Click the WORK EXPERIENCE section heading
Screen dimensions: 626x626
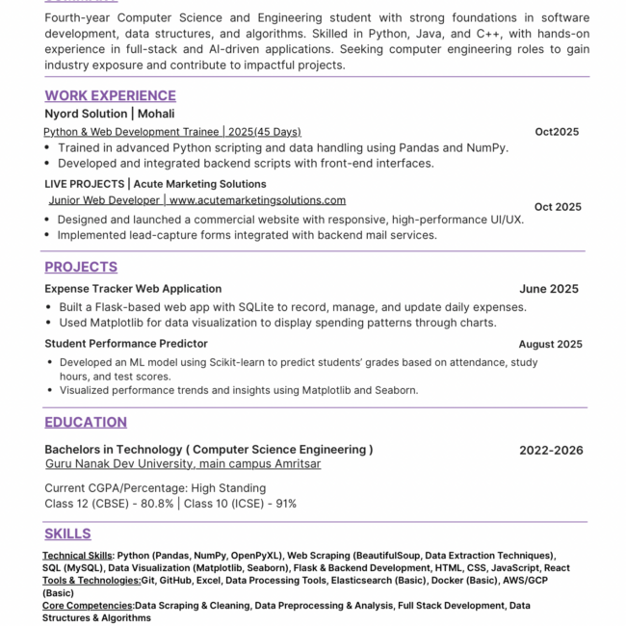click(x=110, y=95)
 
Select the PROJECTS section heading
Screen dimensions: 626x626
click(x=81, y=267)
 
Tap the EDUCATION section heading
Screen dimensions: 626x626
click(x=86, y=422)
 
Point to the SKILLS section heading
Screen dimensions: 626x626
click(x=67, y=534)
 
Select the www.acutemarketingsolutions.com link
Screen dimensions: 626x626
click(x=257, y=200)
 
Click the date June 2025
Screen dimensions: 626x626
click(x=549, y=289)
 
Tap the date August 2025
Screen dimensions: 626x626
click(x=550, y=344)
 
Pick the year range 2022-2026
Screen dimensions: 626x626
click(x=551, y=450)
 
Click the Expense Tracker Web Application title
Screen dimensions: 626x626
click(x=133, y=289)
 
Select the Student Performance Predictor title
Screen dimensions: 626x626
click(x=126, y=344)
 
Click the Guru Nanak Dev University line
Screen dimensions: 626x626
click(x=183, y=464)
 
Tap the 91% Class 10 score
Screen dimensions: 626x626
click(x=285, y=504)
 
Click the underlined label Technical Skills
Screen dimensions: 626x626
click(x=77, y=556)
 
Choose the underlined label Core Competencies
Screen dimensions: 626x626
click(x=88, y=606)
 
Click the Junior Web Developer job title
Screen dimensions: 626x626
click(x=105, y=200)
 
